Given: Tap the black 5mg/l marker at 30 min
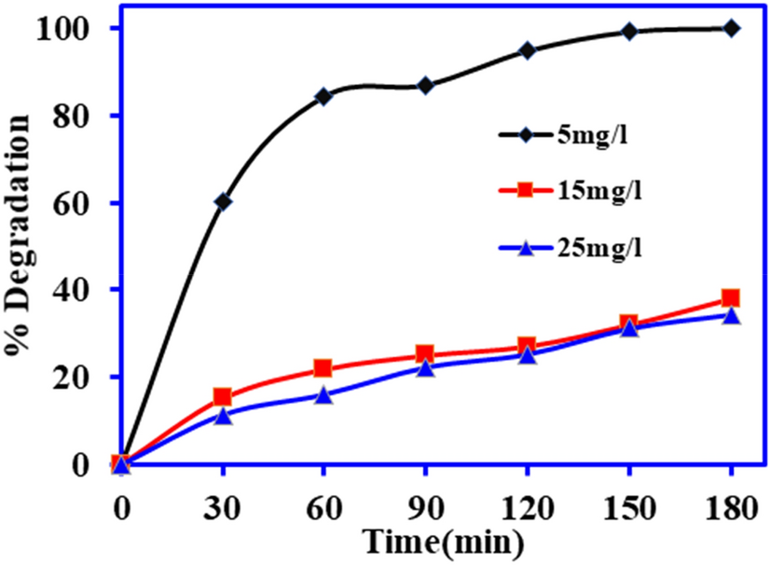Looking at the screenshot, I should click(222, 201).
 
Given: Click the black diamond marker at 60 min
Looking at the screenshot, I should click(323, 96).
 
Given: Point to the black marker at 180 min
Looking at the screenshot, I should click(731, 28).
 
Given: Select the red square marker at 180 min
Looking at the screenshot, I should click(731, 298).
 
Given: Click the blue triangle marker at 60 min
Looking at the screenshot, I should click(323, 394).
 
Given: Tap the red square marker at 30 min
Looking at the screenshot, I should click(222, 397).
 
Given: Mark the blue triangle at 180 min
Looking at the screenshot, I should click(731, 315).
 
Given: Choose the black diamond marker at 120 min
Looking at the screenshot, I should click(528, 50).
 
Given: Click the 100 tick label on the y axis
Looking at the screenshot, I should click(65, 28).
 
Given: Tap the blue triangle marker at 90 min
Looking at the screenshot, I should click(425, 367).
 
